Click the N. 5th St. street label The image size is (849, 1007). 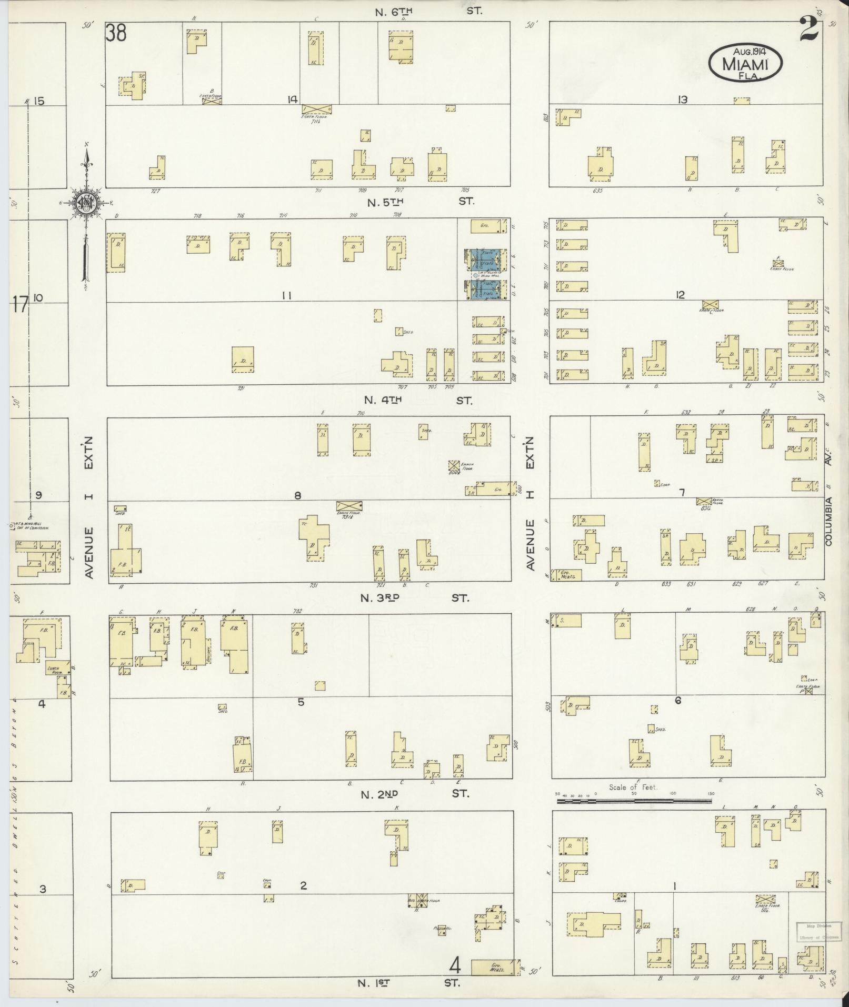tap(421, 201)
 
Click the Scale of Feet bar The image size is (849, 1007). tap(634, 801)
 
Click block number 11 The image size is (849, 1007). tap(286, 296)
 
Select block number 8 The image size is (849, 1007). tap(297, 495)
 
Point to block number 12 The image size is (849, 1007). tap(681, 295)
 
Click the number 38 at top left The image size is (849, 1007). tap(116, 34)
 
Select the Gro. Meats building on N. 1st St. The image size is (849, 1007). tap(494, 968)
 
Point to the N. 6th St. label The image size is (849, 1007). tap(429, 10)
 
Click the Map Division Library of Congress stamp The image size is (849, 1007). tap(814, 931)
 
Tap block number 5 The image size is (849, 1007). tap(301, 702)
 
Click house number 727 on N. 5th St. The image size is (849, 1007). tap(155, 191)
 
